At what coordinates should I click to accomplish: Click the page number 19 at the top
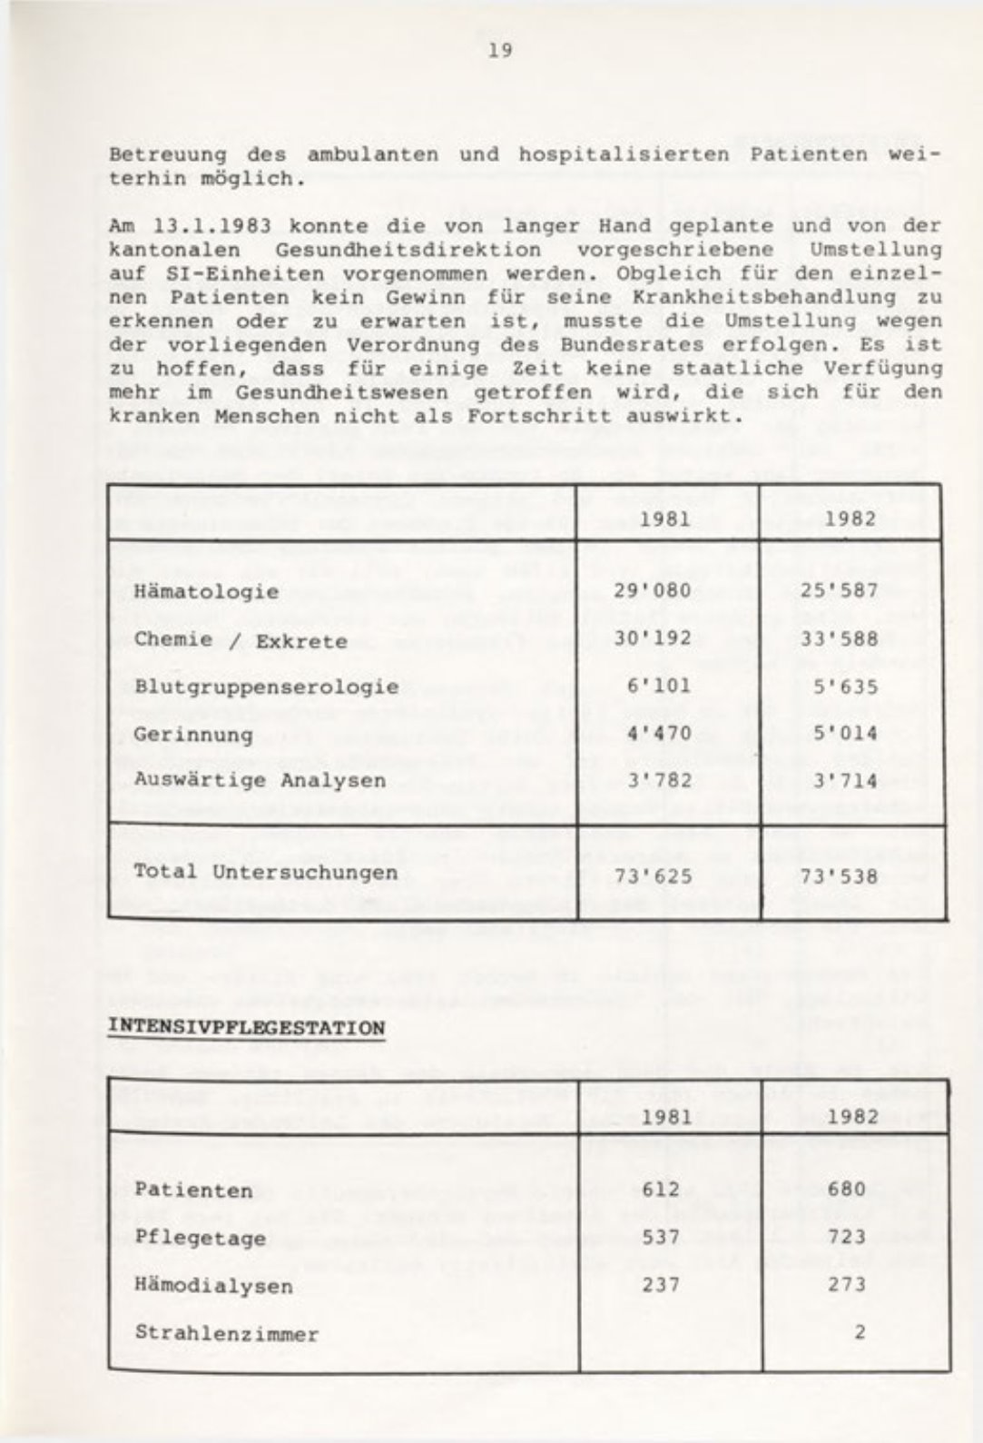(500, 51)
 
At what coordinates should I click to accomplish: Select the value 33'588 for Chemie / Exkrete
(840, 639)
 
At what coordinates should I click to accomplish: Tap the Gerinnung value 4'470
(659, 734)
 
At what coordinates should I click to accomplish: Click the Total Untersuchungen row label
(265, 872)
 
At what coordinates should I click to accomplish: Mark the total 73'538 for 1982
(839, 876)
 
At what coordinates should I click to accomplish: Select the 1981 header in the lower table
(666, 1116)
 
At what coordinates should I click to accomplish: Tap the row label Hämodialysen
(213, 1285)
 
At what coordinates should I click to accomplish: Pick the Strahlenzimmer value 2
(859, 1332)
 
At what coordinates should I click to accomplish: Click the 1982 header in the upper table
(851, 519)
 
